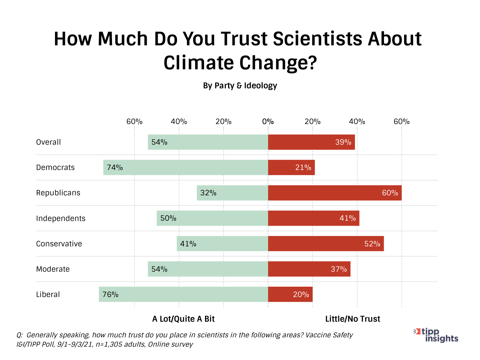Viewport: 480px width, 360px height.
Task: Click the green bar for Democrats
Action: [x=186, y=167]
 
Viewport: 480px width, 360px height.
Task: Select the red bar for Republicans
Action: [x=335, y=193]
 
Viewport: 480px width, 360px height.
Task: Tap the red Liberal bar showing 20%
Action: [x=290, y=294]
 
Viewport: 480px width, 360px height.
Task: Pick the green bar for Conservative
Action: [x=222, y=244]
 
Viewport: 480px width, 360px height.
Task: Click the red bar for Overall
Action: [x=311, y=142]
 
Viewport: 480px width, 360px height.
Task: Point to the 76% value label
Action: [x=110, y=295]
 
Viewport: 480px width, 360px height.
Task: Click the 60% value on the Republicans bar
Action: [x=390, y=193]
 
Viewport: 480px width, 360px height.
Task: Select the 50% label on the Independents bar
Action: [x=168, y=218]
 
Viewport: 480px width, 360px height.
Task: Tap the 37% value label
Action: [x=339, y=269]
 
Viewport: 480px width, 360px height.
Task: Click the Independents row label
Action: [x=61, y=218]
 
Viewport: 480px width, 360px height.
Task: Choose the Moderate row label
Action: [x=53, y=269]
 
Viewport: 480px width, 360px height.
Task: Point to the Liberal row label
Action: [x=48, y=294]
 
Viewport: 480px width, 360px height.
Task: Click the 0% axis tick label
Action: [x=268, y=122]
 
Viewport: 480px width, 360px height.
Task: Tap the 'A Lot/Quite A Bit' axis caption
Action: [x=183, y=319]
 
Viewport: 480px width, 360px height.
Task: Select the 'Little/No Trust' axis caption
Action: [x=353, y=319]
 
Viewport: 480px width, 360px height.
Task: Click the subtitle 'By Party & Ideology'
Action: [x=240, y=86]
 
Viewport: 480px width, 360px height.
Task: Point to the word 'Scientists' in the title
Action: [x=318, y=39]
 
